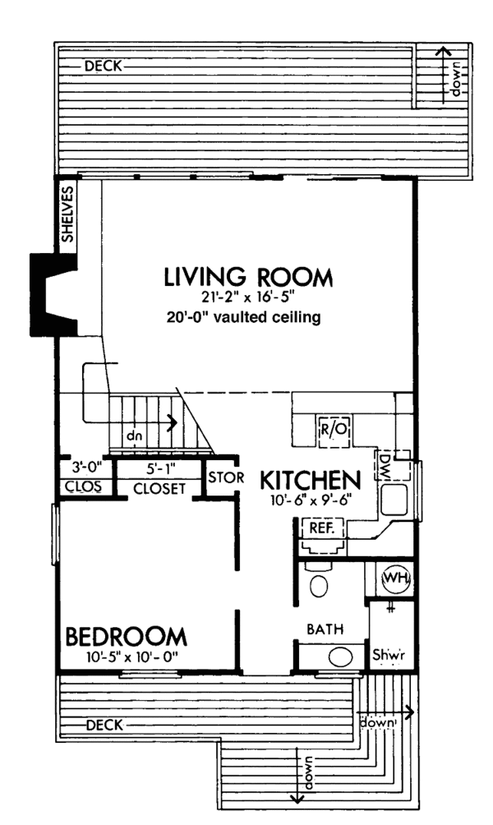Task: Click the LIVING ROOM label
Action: (248, 277)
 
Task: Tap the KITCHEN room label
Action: (311, 480)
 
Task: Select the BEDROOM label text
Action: (126, 637)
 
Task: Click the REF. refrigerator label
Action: (322, 528)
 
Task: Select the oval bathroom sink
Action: (341, 657)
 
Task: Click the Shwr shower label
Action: (389, 655)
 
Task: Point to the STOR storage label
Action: (226, 477)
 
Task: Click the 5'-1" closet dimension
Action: (160, 468)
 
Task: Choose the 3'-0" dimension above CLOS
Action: (85, 467)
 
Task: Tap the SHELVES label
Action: (68, 214)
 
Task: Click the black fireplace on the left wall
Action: (49, 295)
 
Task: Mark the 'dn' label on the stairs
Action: (134, 436)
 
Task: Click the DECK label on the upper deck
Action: (104, 67)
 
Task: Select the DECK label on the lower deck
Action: (104, 726)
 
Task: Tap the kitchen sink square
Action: (394, 500)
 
